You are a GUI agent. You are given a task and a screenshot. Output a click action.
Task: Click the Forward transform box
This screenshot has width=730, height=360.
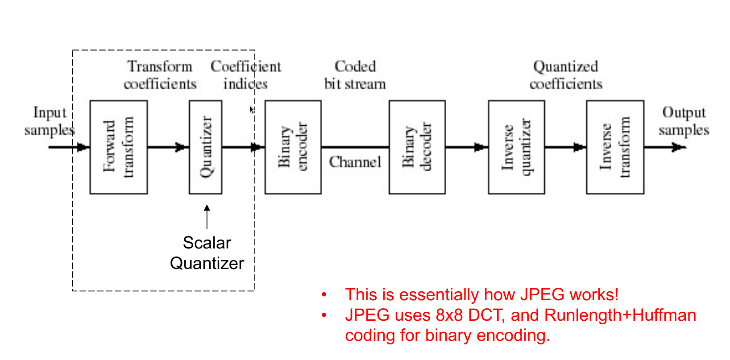(119, 147)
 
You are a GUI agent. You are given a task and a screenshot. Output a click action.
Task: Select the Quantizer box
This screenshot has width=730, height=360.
(206, 147)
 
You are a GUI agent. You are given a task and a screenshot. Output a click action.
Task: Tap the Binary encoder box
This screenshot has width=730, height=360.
(293, 147)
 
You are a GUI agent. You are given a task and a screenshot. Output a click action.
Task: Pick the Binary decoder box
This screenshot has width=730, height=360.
(417, 147)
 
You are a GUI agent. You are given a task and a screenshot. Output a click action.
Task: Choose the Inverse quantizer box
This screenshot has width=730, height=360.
(516, 147)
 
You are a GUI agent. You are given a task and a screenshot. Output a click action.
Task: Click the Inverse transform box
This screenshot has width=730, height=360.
(615, 147)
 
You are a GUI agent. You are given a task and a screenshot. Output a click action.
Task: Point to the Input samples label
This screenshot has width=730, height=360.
(49, 121)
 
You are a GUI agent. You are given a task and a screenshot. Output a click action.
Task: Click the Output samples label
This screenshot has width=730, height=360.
(684, 121)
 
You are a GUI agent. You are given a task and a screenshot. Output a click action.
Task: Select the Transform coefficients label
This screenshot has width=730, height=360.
(160, 75)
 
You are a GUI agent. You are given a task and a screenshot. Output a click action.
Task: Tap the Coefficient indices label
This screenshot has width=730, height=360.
(246, 75)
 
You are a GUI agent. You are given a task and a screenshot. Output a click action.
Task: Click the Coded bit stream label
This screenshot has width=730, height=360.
(355, 75)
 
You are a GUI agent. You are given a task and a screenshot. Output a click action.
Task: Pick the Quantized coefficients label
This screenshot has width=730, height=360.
(566, 75)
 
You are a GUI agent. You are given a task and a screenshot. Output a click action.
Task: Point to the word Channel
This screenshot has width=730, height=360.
(355, 162)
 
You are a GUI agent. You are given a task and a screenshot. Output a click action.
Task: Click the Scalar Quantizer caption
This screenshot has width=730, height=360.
(207, 253)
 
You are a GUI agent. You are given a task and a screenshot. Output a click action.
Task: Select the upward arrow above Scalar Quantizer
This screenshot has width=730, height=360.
(207, 216)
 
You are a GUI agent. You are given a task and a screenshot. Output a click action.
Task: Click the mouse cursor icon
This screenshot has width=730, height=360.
(252, 109)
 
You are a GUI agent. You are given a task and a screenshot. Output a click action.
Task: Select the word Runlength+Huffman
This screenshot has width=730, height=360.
(620, 315)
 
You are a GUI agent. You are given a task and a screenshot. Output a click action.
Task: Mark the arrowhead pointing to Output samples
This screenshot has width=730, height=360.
(678, 147)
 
